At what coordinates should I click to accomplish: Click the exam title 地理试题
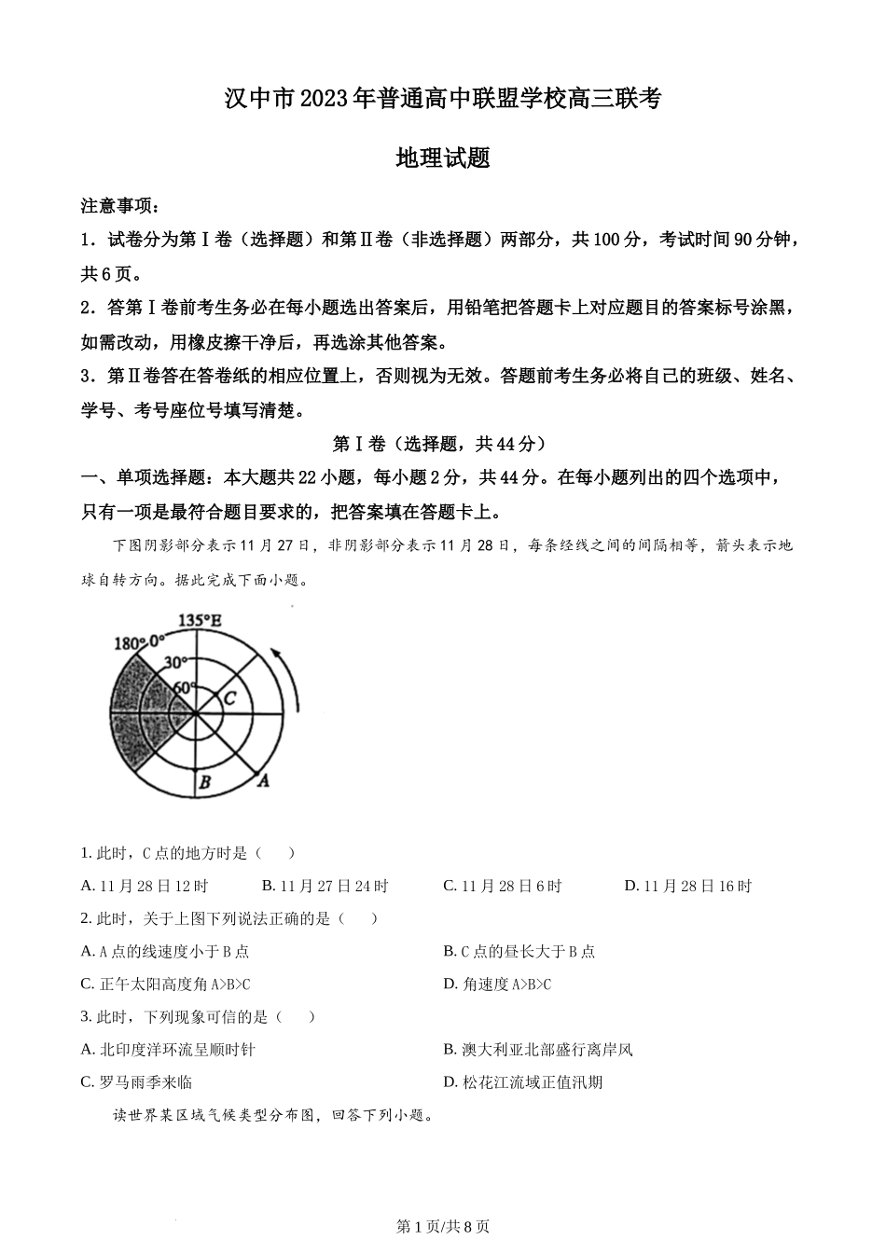click(443, 158)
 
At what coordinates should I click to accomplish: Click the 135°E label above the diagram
click(200, 620)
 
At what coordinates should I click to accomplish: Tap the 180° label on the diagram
click(127, 643)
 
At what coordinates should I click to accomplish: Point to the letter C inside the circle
click(229, 697)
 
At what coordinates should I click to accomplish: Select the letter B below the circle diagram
click(204, 783)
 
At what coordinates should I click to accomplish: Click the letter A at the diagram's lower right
click(264, 780)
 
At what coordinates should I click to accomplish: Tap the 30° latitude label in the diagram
click(174, 663)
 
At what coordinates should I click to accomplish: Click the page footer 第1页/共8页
click(443, 1227)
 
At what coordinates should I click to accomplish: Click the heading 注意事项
click(119, 206)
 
